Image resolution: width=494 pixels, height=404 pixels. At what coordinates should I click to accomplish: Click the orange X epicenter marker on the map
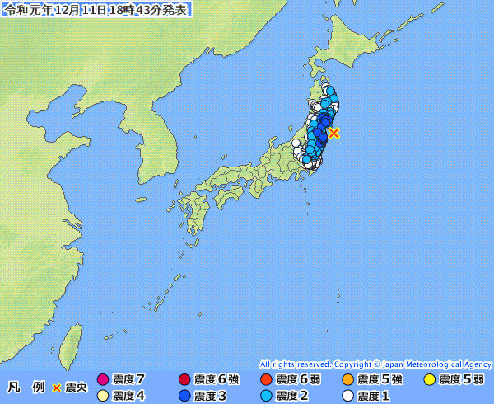(x=333, y=132)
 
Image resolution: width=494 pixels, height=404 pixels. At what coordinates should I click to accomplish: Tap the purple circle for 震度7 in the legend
(x=103, y=380)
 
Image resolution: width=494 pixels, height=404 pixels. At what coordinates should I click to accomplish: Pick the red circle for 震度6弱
(x=265, y=380)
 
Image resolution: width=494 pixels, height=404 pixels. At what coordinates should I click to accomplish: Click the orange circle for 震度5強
(x=347, y=380)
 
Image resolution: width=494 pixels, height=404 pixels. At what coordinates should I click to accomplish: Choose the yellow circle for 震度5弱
(x=429, y=380)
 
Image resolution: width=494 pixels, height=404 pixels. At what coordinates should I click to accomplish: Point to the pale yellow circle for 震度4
(x=103, y=396)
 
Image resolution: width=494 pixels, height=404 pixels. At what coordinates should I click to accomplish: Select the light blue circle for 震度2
(x=265, y=396)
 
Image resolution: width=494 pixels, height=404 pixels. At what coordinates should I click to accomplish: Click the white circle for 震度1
(x=347, y=396)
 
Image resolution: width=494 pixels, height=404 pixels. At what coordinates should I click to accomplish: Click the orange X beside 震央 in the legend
(x=57, y=388)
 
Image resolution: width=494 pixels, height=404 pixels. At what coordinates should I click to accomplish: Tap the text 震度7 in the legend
(x=128, y=380)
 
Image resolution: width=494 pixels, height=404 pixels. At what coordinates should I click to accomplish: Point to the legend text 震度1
(x=373, y=396)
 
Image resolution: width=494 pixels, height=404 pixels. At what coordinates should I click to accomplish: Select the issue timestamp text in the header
(x=96, y=10)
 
